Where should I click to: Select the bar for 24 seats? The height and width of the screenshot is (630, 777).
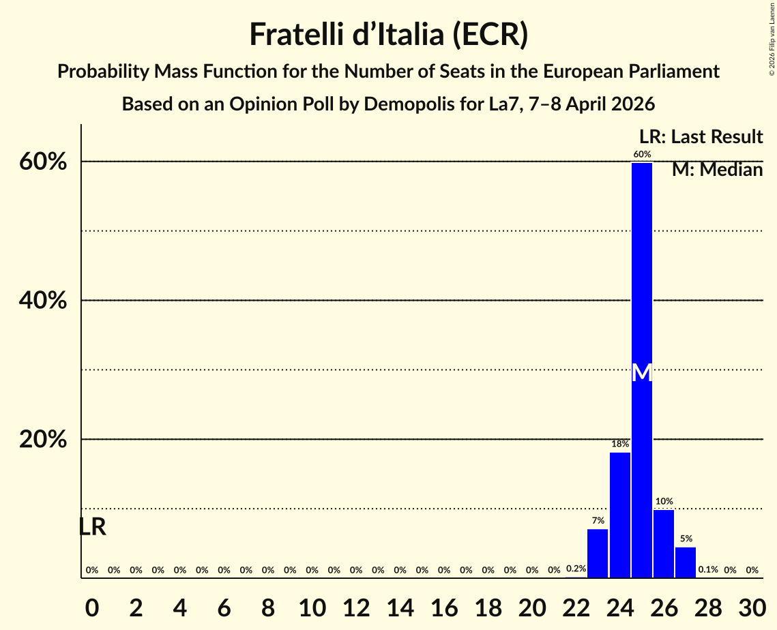pos(619,515)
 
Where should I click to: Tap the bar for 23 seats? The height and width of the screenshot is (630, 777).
pos(598,553)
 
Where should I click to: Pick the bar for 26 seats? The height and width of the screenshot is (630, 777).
pos(664,543)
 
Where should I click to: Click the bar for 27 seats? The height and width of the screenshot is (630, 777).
pos(686,562)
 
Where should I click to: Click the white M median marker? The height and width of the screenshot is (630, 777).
pos(642,373)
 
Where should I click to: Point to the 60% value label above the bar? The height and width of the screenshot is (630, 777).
pos(641,155)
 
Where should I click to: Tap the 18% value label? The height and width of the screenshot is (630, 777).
pos(619,444)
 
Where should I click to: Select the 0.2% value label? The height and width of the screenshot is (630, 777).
pos(576,569)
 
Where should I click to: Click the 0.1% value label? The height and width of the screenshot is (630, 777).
pos(707,570)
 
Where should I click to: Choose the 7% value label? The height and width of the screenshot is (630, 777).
pos(598,521)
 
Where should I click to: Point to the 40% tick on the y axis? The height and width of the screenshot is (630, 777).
pos(43,301)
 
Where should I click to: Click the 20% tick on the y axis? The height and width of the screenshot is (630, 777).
pos(43,440)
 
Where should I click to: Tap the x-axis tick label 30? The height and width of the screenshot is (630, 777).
pos(752,605)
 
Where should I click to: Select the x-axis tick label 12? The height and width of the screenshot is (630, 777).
pos(356,605)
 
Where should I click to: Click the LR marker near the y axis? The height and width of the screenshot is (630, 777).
pos(92,527)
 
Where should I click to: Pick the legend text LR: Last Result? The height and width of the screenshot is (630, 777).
pos(701,137)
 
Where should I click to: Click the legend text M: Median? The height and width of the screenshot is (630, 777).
pos(717,170)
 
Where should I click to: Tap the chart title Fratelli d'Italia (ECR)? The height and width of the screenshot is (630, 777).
pos(388,34)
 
